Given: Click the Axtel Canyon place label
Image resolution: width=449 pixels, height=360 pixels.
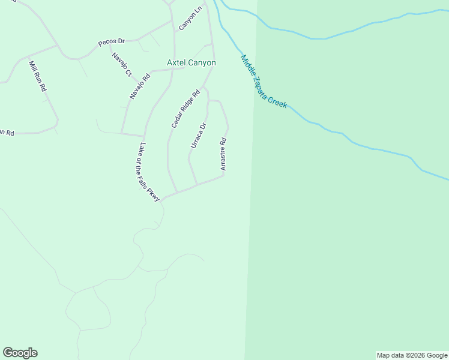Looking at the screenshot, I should (191, 62).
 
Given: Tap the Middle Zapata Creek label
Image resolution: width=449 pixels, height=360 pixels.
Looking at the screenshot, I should (264, 82).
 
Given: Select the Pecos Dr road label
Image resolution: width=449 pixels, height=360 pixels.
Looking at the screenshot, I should (111, 42).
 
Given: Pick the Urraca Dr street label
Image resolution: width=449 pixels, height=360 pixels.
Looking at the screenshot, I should (199, 136).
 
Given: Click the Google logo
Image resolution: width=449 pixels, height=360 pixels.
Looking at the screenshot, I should (20, 353).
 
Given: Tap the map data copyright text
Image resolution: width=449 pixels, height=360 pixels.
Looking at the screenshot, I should (412, 355).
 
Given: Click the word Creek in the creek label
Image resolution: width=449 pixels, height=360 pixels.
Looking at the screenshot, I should (279, 100).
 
